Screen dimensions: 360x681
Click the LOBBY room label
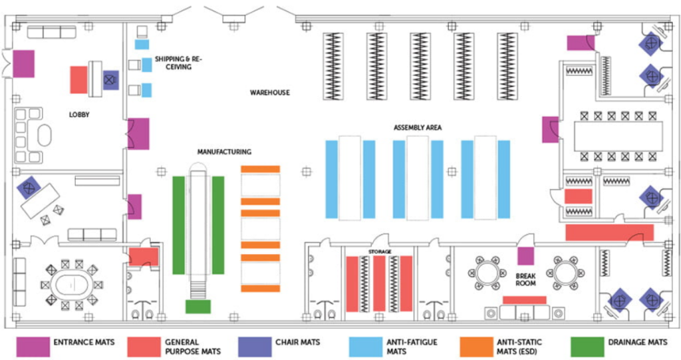(79, 114)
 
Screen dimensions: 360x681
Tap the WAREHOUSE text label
(269, 92)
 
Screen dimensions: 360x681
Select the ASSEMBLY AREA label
(418, 127)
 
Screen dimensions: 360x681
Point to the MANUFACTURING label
(223, 152)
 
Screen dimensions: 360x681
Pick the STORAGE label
(381, 252)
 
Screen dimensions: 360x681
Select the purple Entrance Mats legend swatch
(33, 346)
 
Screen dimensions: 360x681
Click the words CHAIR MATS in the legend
(297, 342)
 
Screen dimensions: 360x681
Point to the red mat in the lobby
(79, 79)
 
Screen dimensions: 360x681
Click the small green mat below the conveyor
(198, 307)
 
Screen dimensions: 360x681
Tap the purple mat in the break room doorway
(525, 256)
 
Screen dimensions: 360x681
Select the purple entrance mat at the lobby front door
(24, 63)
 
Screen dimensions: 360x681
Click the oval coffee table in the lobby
(44, 136)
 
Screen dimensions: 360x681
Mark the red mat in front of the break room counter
(524, 300)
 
